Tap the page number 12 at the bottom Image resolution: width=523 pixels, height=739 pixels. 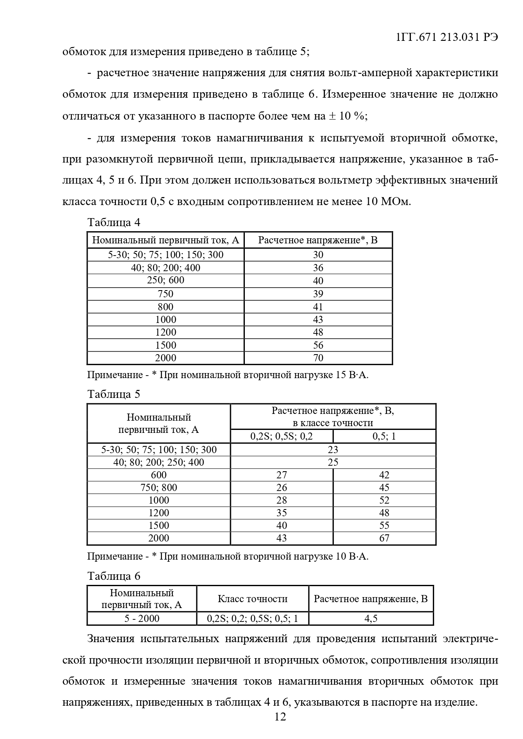tap(280, 717)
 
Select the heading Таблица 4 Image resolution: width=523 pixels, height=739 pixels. tap(114, 222)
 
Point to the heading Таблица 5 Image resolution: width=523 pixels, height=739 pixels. tap(114, 395)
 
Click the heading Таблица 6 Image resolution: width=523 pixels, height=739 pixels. tap(114, 576)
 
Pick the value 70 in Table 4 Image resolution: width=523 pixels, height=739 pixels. tap(318, 358)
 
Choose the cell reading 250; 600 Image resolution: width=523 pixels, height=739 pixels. tap(166, 280)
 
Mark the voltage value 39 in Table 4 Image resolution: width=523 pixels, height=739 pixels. tap(318, 293)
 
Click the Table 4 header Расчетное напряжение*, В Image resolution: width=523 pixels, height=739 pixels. tap(318, 240)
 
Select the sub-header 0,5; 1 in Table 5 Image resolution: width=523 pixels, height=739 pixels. tap(384, 436)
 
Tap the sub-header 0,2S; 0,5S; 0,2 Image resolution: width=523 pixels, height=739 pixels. tap(282, 436)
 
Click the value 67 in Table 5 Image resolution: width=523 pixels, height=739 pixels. tap(384, 538)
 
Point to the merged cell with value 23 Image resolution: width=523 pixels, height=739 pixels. tap(333, 450)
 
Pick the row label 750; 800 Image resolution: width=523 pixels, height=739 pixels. tap(159, 488)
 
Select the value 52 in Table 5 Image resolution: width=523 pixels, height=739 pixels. tap(384, 500)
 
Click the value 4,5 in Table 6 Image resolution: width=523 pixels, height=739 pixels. tap(371, 619)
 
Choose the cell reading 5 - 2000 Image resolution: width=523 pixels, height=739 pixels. tap(142, 619)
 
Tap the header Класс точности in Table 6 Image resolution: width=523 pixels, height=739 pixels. tap(252, 599)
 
